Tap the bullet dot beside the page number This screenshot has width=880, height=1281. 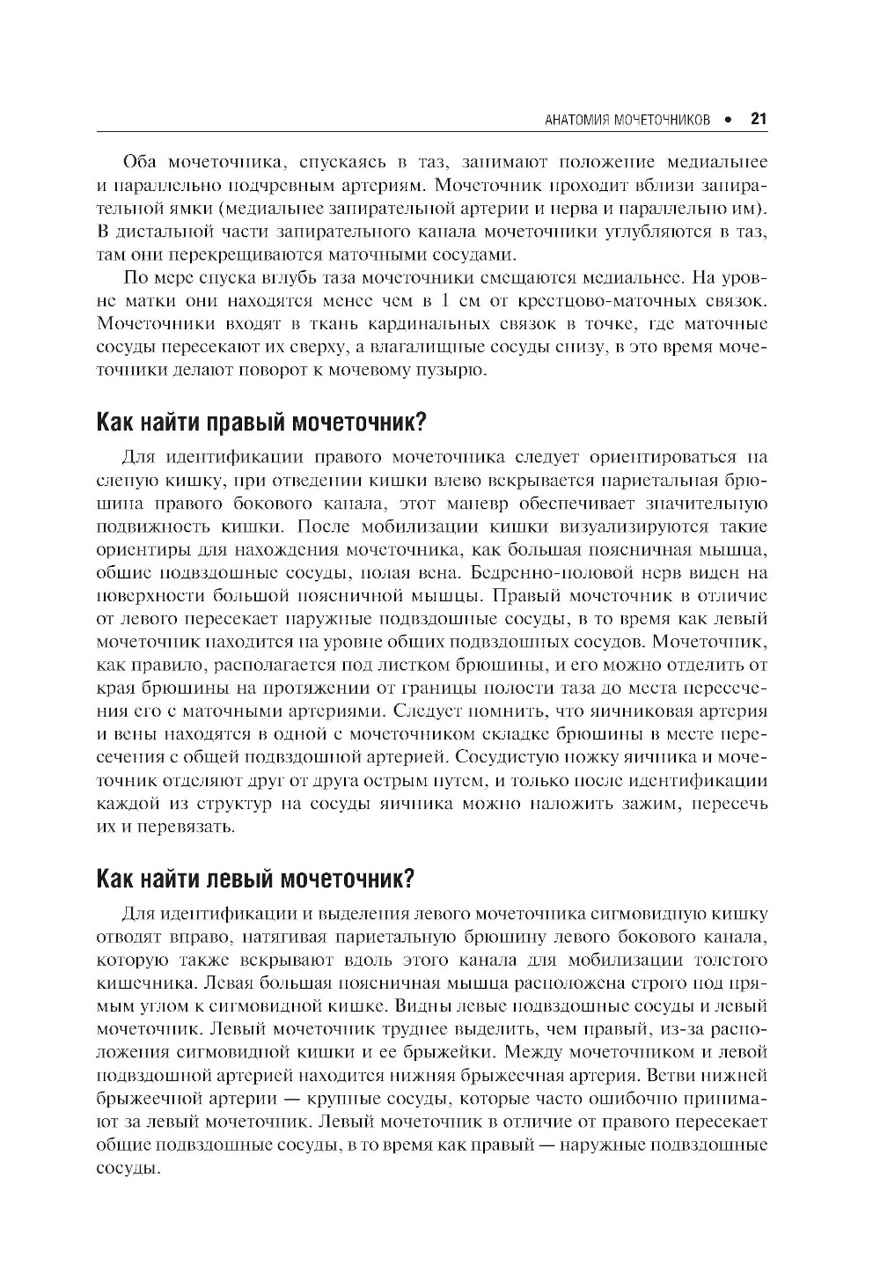tap(728, 120)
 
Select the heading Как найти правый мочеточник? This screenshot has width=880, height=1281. tap(260, 422)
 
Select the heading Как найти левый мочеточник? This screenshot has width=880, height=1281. tap(254, 879)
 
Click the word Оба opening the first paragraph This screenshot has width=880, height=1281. tap(141, 162)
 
